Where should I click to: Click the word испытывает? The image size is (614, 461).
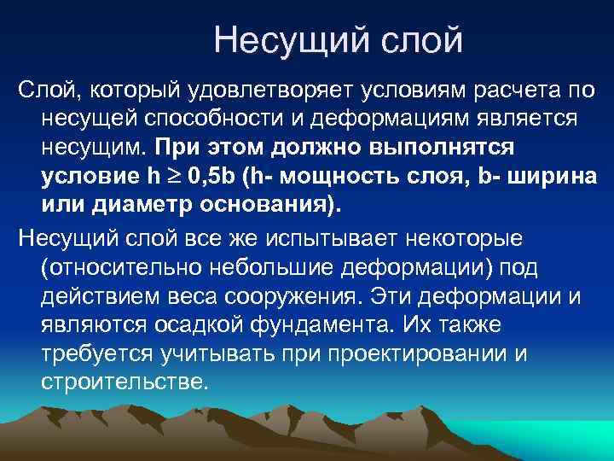click(323, 236)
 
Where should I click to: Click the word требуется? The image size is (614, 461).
click(96, 355)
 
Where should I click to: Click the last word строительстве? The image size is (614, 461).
click(125, 384)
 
